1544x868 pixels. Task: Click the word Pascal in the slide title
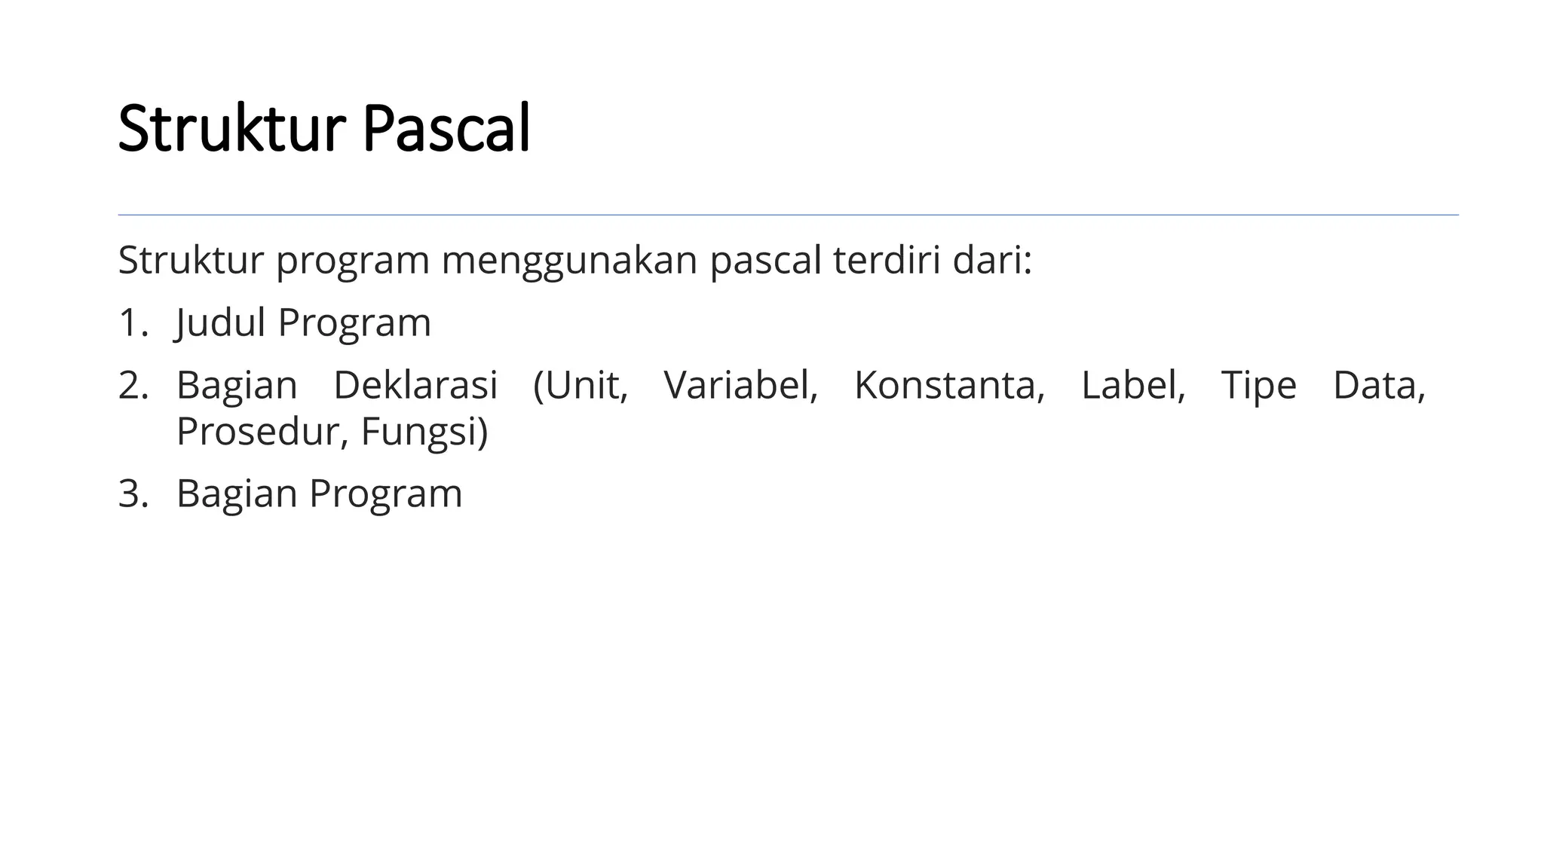446,129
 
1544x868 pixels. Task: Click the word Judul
220,323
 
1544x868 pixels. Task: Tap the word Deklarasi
415,386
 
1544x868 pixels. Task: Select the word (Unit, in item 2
581,386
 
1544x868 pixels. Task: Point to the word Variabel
740,386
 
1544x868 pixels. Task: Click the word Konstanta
949,386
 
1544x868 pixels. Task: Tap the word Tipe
1258,386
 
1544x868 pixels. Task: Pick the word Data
1379,386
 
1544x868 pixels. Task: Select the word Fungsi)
424,432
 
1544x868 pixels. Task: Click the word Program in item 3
385,494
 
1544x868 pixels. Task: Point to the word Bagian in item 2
237,386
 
